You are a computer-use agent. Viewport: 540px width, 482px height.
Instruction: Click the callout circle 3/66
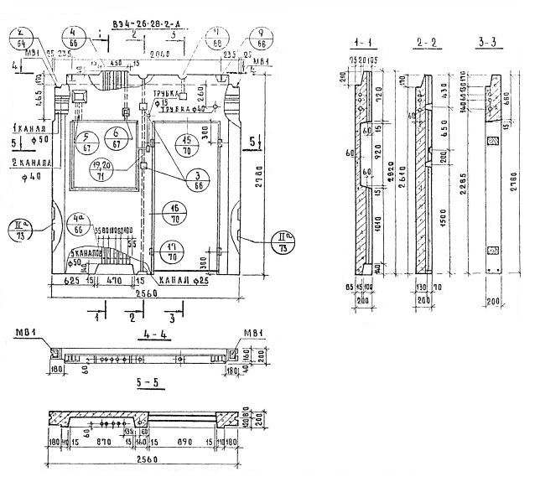click(x=198, y=179)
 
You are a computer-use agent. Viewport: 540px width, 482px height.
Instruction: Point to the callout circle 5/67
click(x=86, y=143)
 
